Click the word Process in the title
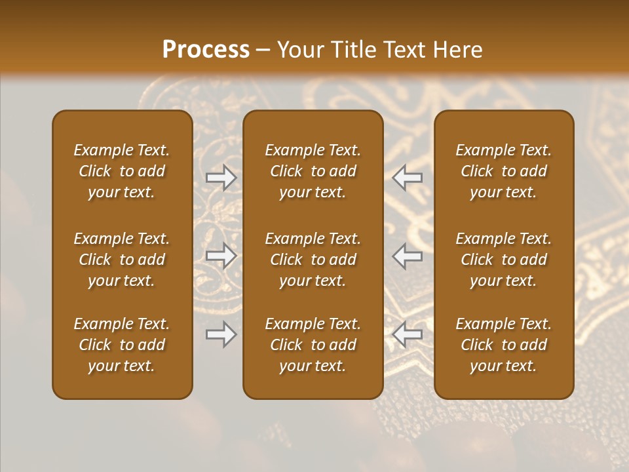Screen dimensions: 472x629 [206, 50]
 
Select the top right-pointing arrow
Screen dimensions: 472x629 [221, 178]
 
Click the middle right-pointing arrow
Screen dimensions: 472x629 [221, 256]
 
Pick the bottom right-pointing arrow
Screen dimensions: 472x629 [221, 334]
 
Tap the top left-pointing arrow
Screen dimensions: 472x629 [408, 178]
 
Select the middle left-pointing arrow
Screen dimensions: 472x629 [408, 256]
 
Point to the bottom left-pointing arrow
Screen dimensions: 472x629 [408, 334]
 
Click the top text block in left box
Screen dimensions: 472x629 [122, 171]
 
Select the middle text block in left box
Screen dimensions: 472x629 [122, 260]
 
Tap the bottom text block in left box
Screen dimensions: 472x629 [122, 345]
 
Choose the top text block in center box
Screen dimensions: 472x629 [313, 171]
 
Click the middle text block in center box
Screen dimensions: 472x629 [313, 260]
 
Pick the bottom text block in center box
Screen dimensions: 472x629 [313, 345]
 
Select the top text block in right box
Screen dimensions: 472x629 [504, 171]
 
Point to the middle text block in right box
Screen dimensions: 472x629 [504, 260]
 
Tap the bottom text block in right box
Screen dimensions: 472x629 [504, 345]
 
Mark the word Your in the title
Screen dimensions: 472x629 [298, 50]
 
